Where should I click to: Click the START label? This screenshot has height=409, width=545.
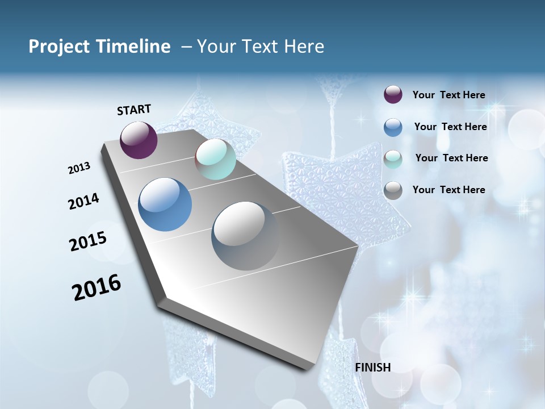click(134, 110)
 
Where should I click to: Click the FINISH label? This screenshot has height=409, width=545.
click(373, 368)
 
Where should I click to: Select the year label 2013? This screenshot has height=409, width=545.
click(79, 168)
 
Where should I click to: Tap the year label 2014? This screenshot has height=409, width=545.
click(83, 201)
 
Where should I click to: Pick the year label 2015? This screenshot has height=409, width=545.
click(88, 241)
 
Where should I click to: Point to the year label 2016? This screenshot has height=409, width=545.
click(97, 287)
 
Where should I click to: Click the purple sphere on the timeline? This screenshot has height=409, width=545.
click(139, 140)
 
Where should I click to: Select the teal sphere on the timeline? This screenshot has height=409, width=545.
click(215, 159)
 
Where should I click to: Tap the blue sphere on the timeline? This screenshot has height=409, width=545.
click(165, 204)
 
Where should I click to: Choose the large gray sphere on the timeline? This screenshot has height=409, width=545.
click(245, 236)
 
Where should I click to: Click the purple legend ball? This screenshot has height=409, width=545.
click(393, 95)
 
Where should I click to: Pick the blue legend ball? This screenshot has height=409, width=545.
click(393, 127)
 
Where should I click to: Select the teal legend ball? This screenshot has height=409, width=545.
click(393, 158)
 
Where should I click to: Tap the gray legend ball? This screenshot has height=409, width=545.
click(393, 190)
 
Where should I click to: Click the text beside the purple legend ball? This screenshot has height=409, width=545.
click(448, 95)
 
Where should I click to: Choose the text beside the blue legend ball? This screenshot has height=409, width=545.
click(450, 127)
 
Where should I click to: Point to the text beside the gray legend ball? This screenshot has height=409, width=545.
click(448, 190)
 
